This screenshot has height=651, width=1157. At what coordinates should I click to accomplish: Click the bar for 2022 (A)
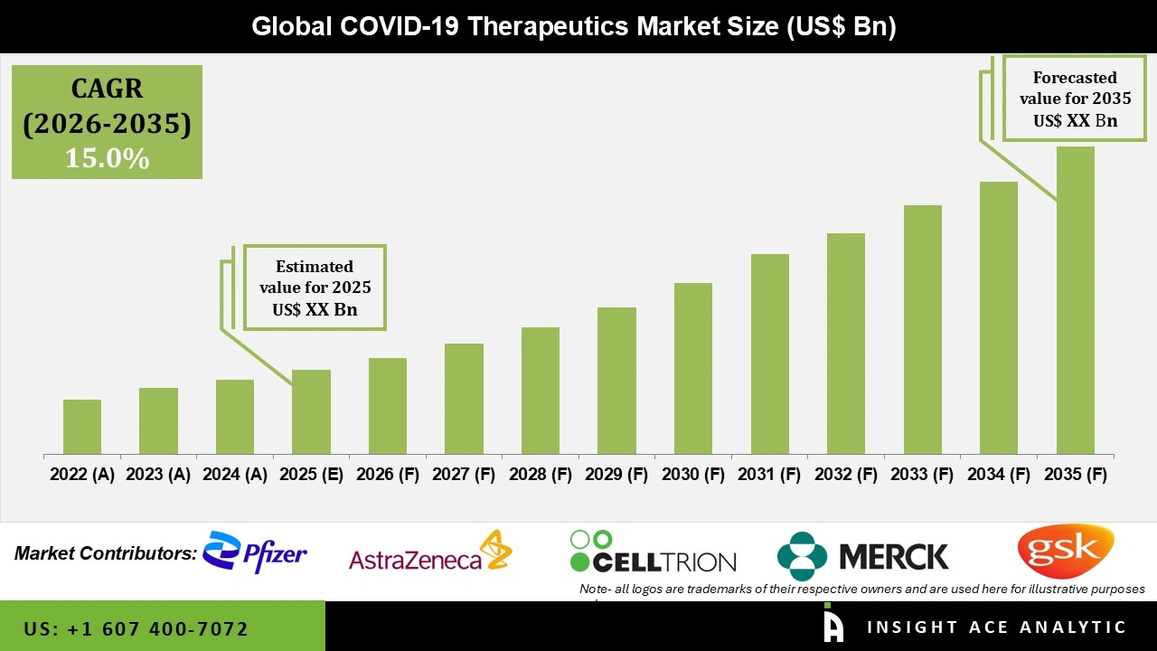[x=82, y=427]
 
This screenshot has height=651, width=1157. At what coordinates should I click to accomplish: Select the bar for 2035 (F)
[x=1075, y=300]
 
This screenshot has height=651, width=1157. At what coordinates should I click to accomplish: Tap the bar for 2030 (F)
[x=693, y=368]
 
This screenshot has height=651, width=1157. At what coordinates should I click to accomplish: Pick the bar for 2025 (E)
[x=311, y=411]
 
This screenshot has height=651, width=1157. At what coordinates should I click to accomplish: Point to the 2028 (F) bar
[x=541, y=391]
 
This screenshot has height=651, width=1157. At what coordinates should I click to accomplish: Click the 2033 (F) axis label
[x=923, y=475]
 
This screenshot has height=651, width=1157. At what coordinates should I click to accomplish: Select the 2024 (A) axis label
[x=235, y=475]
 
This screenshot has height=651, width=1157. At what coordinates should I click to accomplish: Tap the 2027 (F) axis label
[x=464, y=475]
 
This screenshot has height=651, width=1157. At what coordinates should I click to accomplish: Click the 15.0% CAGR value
[x=107, y=158]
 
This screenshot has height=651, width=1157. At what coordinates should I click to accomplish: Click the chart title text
[x=574, y=26]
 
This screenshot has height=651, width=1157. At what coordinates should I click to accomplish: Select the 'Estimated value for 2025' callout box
[x=315, y=288]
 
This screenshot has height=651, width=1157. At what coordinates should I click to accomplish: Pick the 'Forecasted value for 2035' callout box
[x=1075, y=99]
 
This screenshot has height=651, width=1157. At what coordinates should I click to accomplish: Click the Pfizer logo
[x=255, y=552]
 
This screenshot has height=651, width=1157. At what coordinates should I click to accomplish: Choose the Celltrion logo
[x=653, y=553]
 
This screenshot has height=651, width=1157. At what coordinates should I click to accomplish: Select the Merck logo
[x=863, y=555]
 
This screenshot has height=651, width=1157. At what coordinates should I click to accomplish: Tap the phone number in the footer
[x=136, y=628]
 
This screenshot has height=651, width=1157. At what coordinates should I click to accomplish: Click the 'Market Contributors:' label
[x=105, y=552]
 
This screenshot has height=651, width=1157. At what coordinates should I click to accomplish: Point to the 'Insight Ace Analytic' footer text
[x=996, y=627]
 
